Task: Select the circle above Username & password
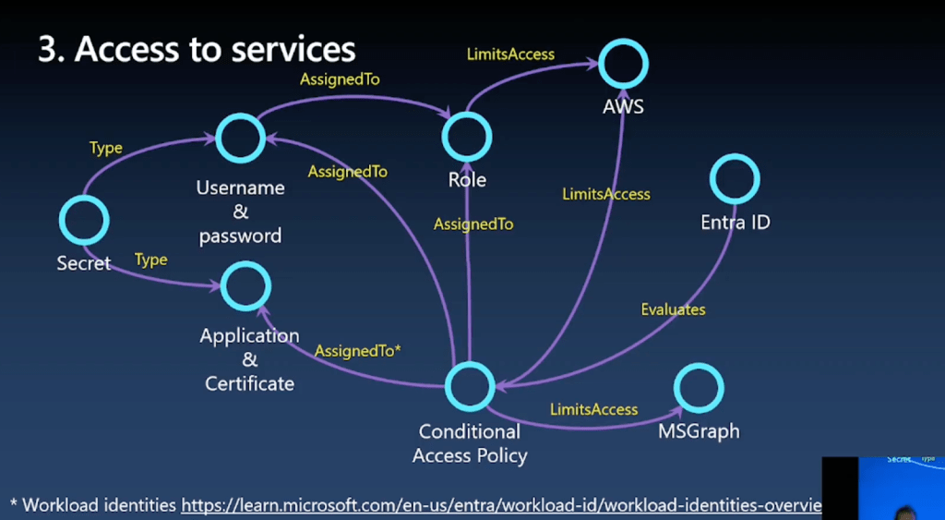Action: pos(241,139)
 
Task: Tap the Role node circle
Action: pos(467,138)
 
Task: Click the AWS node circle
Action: pos(624,64)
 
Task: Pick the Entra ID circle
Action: pos(736,179)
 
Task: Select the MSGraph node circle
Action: pos(699,389)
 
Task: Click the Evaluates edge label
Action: pos(673,309)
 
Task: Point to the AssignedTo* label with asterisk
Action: pos(357,352)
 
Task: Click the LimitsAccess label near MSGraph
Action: pos(593,409)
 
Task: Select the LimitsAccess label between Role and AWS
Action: pos(510,54)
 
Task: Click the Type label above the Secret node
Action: pos(106,148)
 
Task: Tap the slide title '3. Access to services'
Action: pos(197,49)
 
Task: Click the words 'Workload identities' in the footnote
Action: pos(99,505)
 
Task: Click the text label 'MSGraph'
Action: pos(699,431)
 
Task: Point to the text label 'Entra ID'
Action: pos(736,223)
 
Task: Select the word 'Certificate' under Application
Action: pos(249,383)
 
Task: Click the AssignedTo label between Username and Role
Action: pos(341,79)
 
